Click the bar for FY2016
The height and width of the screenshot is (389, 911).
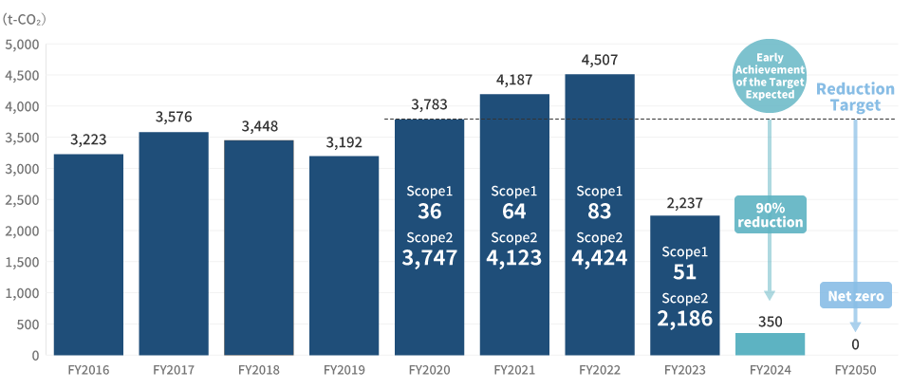tap(88, 254)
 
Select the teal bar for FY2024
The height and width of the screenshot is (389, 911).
tap(770, 344)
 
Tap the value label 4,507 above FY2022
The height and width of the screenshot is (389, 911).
tap(599, 60)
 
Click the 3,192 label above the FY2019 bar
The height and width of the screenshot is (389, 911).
tap(344, 142)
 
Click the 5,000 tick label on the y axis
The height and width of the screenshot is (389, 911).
tap(22, 45)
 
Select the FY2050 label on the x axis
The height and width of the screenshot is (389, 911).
tap(855, 370)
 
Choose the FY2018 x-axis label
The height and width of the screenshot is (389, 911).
tap(258, 370)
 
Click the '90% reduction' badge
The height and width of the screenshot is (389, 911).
tap(770, 215)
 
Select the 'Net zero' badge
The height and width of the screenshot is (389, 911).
tap(855, 297)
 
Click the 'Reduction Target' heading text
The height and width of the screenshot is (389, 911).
tap(855, 96)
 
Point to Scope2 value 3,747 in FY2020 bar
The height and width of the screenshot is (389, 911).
tap(429, 257)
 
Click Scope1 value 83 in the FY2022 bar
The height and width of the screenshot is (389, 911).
tap(599, 212)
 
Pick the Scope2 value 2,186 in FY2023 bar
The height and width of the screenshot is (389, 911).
tap(684, 318)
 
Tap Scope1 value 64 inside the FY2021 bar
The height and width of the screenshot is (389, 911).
tap(514, 212)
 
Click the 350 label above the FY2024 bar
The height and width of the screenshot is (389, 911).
tap(770, 322)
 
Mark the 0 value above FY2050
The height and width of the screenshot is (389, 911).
tap(855, 343)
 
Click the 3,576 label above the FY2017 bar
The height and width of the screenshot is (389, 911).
tap(174, 118)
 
